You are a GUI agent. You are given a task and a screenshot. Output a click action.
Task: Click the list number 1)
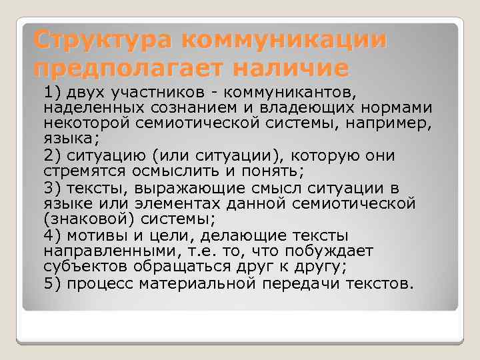point(53,91)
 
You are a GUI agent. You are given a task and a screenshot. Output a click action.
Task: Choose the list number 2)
point(53,155)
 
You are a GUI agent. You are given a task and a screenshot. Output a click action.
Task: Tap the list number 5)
point(53,283)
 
